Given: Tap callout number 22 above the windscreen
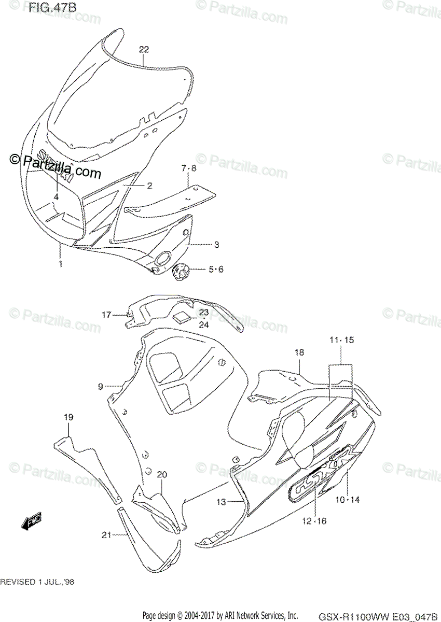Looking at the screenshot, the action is [144, 50].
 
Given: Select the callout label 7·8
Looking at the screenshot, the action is [189, 168].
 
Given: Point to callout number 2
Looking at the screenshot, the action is [149, 186].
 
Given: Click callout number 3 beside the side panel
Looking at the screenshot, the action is [202, 245].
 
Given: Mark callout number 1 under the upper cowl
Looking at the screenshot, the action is [61, 264].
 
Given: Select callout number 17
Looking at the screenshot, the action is [106, 315].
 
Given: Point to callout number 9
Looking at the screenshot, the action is [101, 386].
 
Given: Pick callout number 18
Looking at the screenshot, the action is [299, 352].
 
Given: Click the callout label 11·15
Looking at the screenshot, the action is [341, 340].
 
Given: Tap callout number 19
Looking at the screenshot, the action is [68, 417].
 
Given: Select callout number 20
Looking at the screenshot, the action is [162, 474].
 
